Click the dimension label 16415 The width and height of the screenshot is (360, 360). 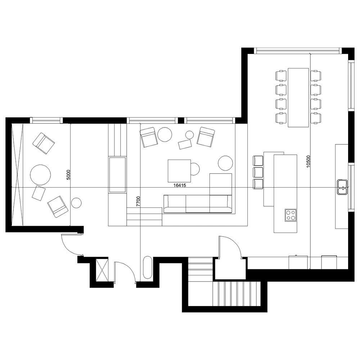click(x=180, y=185)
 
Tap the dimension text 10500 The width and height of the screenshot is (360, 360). click(x=309, y=161)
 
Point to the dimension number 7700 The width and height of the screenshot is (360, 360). click(x=138, y=201)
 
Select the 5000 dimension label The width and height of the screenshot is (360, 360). click(x=68, y=175)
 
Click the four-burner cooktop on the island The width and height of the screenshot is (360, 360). click(x=291, y=215)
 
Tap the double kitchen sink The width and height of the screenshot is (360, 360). click(x=342, y=187)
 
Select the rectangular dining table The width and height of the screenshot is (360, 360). click(x=298, y=98)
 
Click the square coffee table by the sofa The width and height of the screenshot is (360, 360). click(x=179, y=171)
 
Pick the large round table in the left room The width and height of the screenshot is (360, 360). click(x=40, y=175)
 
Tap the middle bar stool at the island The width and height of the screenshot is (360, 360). click(x=258, y=172)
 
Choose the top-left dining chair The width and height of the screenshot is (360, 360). click(x=281, y=76)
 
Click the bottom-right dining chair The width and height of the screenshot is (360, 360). click(x=316, y=118)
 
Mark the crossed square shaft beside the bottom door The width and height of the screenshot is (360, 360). click(x=102, y=270)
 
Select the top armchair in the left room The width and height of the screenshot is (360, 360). click(x=44, y=143)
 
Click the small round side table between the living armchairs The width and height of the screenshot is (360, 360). click(x=189, y=135)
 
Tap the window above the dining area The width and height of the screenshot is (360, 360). click(x=298, y=51)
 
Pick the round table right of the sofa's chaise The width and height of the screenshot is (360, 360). click(x=225, y=163)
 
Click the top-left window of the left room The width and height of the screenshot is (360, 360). click(x=46, y=120)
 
